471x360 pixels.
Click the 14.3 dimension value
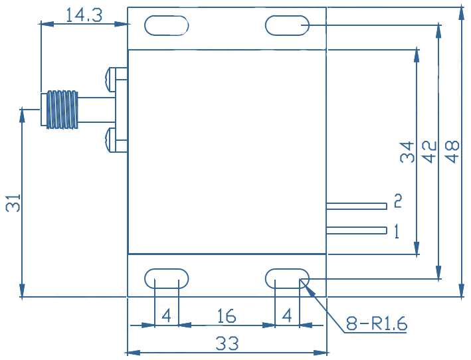click(x=84, y=15)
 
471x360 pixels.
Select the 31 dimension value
click(x=13, y=203)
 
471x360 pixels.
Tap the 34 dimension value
click(x=407, y=152)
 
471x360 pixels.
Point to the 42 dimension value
click(x=430, y=151)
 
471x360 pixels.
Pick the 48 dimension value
click(x=452, y=151)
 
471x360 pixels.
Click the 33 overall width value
click(x=227, y=343)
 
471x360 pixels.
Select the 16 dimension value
click(x=227, y=316)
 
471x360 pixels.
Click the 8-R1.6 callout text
click(x=377, y=323)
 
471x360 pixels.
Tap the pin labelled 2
click(x=357, y=207)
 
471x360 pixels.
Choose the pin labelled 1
click(x=357, y=230)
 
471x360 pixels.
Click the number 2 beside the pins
click(x=398, y=201)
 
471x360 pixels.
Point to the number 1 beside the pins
click(x=397, y=231)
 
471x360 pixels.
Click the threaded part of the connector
click(x=62, y=110)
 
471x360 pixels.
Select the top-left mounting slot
click(x=167, y=25)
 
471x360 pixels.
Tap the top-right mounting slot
click(x=287, y=25)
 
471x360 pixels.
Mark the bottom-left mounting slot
click(x=167, y=278)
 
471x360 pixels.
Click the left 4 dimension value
click(x=167, y=316)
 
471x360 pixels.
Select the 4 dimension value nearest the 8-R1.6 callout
click(x=287, y=316)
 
